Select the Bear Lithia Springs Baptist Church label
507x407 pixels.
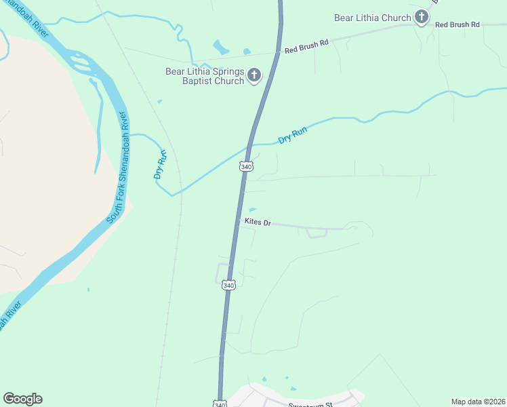205,76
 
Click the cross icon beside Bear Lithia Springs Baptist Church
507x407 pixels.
254,75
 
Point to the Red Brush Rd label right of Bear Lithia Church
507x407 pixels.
457,24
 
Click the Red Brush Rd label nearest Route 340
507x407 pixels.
306,46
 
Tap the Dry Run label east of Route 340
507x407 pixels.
293,136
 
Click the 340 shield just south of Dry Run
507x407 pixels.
247,166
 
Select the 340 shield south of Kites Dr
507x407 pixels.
229,286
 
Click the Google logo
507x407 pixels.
22,399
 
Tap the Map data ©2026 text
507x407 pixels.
478,402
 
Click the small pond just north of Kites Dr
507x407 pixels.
253,210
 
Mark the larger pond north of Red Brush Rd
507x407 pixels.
221,47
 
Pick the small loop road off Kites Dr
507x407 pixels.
317,233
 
